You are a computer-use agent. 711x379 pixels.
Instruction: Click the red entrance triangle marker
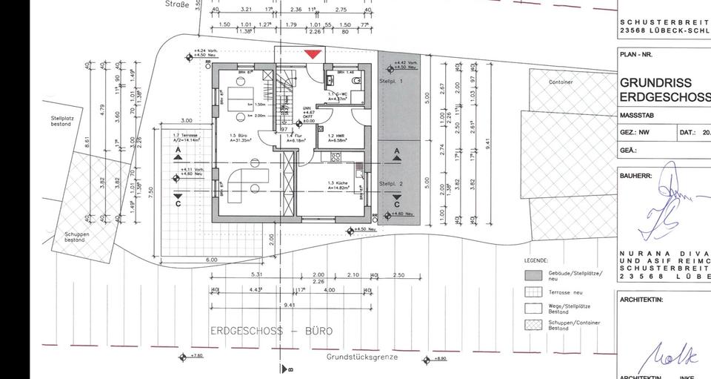coord(313,53)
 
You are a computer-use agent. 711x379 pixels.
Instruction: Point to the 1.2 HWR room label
coord(330,136)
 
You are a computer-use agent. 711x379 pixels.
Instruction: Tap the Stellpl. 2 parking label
coord(390,183)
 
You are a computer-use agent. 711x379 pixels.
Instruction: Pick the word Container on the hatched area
coord(561,82)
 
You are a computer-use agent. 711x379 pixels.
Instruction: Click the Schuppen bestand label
coord(75,237)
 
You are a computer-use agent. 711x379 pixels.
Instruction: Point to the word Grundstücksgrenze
coord(362,357)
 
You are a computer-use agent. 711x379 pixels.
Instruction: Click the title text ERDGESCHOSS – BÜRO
coord(271,331)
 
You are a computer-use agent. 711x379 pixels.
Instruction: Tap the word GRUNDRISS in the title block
coord(655,83)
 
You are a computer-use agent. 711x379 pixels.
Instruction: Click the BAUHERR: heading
coord(635,177)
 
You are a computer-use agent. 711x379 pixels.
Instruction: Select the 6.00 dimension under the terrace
coord(211,260)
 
